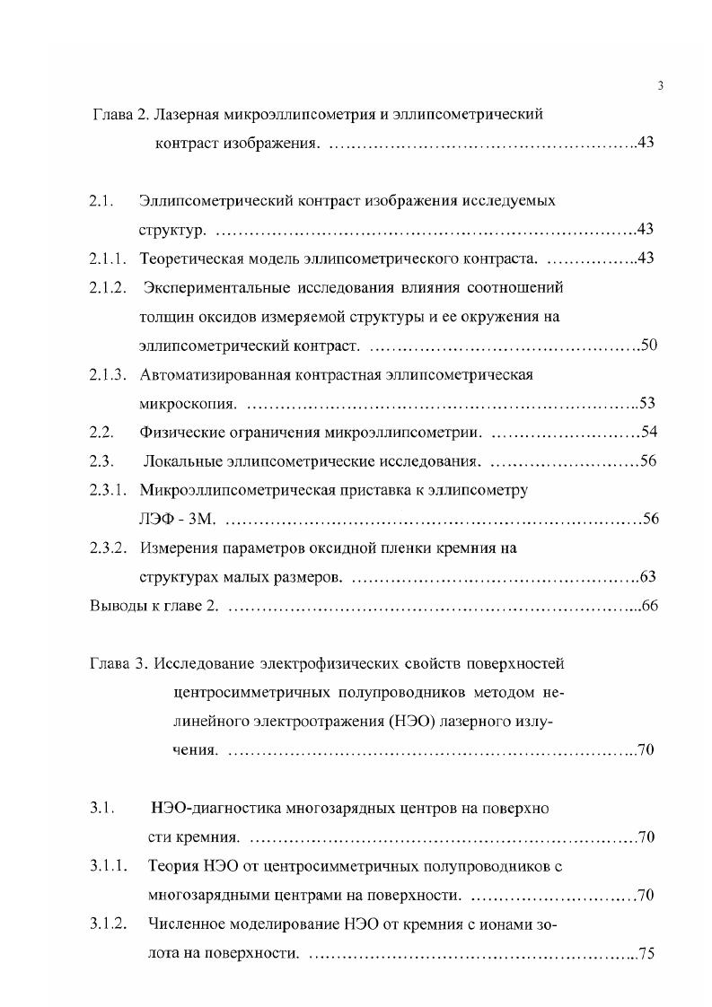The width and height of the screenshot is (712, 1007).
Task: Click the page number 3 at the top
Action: (x=660, y=86)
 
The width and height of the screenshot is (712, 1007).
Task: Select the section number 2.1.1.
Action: (x=107, y=259)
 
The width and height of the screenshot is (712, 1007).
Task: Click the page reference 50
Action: (x=649, y=346)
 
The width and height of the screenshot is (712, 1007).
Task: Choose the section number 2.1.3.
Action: (x=107, y=374)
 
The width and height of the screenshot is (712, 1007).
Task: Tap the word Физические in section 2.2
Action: (x=178, y=433)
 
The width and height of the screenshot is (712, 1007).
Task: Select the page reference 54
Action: (x=650, y=433)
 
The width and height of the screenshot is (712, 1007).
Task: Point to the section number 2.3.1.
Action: (x=107, y=490)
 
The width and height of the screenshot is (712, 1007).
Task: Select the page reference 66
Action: (x=651, y=605)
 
